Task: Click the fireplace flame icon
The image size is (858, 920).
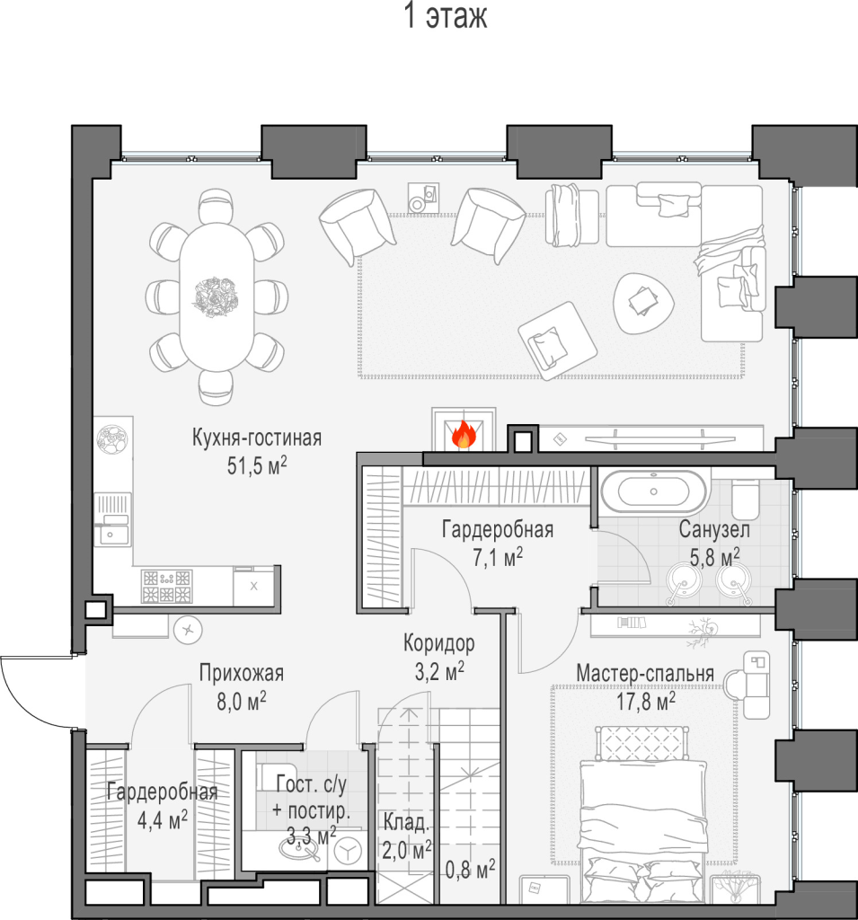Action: click(x=464, y=434)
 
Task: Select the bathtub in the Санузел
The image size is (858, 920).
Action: click(x=654, y=491)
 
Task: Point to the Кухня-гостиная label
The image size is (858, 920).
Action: click(x=257, y=438)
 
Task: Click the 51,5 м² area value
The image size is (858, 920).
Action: click(x=257, y=465)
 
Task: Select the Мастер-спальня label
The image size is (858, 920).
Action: click(x=645, y=673)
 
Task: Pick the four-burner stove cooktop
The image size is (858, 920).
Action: click(x=167, y=586)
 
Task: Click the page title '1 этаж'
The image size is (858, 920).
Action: click(x=446, y=16)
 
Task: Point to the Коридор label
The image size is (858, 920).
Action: click(x=439, y=643)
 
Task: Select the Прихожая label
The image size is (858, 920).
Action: click(x=241, y=673)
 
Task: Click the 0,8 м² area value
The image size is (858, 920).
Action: click(x=470, y=869)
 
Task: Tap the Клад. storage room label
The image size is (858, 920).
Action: click(x=406, y=823)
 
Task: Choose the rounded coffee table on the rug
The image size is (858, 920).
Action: click(x=642, y=304)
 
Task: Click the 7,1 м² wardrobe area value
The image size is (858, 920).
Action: click(x=498, y=557)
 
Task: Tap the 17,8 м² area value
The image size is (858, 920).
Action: click(x=646, y=701)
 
